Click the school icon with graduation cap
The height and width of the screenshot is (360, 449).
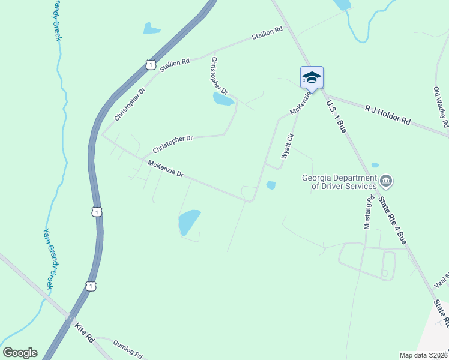[312, 77]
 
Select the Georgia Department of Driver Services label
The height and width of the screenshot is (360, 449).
[339, 182]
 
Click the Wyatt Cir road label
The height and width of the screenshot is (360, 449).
[288, 146]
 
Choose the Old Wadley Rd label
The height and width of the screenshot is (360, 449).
[441, 107]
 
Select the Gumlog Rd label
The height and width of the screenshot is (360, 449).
[127, 347]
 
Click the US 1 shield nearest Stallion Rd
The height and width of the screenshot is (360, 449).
[150, 64]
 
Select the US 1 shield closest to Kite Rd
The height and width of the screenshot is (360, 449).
[91, 287]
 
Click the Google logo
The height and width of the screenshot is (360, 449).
[20, 353]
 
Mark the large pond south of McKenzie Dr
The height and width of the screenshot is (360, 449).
[188, 223]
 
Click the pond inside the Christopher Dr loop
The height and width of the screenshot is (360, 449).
[223, 99]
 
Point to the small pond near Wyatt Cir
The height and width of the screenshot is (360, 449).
[271, 185]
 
